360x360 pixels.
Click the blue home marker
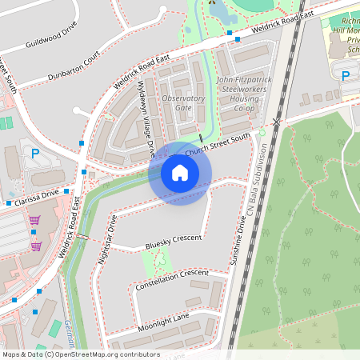179,173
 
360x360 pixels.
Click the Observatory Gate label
183,103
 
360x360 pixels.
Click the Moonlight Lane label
163,318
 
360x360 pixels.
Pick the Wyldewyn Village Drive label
146,118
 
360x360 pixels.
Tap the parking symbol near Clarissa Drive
34,154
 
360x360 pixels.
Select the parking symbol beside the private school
346,77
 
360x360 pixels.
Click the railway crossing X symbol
277,122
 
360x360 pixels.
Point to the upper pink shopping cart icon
34,219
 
